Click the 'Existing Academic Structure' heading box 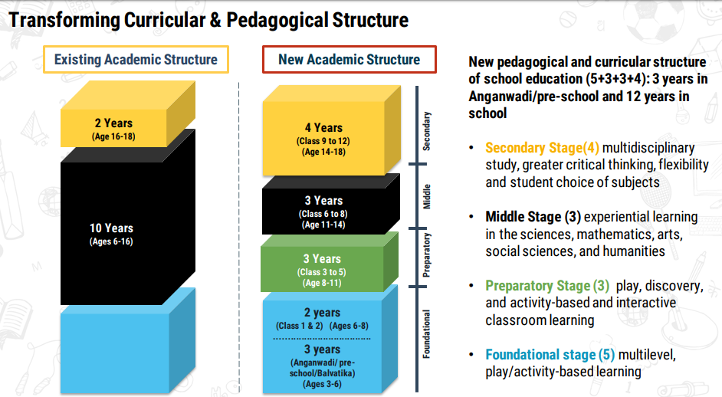136,60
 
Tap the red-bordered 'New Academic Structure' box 349,60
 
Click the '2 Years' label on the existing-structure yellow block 113,123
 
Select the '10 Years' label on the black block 111,228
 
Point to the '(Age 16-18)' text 113,136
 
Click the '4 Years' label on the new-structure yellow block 323,127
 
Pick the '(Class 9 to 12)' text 323,141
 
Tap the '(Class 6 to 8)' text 323,214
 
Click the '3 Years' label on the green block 322,259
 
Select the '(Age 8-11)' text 322,283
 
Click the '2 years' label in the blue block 323,312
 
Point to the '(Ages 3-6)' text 322,384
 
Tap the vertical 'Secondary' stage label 426,131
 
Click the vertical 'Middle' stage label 426,197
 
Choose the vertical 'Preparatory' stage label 426,255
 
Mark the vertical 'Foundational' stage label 426,334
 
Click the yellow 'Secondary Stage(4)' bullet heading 543,148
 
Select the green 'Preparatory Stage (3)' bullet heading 547,286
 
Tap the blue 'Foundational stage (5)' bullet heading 550,355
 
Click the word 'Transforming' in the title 64,20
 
